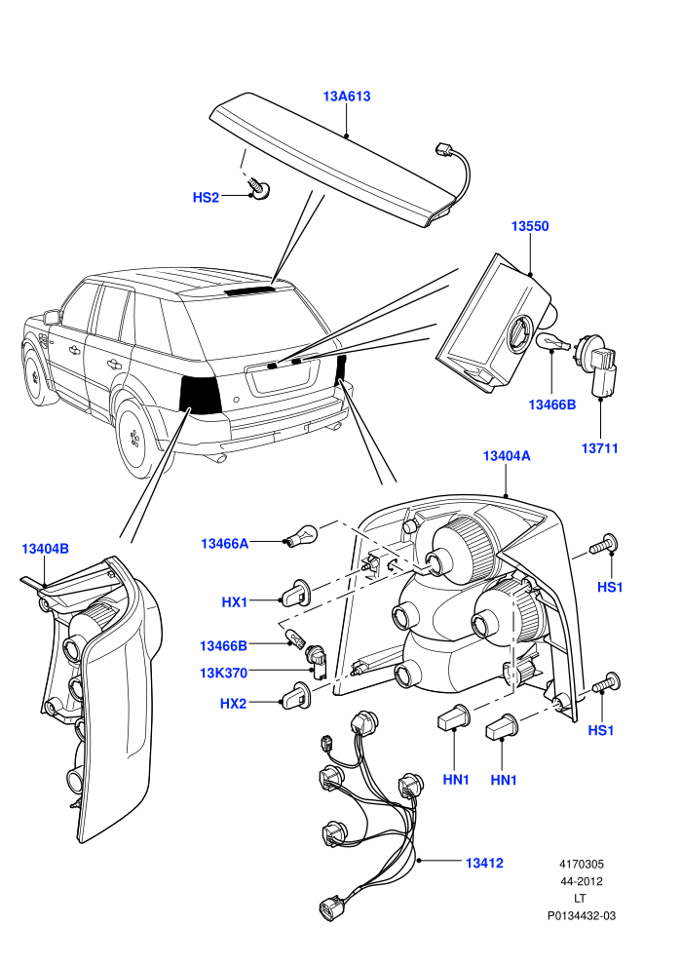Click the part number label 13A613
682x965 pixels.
point(347,96)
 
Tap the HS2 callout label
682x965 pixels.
point(206,198)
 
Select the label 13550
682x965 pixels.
point(530,226)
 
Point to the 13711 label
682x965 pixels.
point(599,448)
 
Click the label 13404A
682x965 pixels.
point(507,456)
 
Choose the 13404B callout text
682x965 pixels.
point(46,549)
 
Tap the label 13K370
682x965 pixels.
point(223,673)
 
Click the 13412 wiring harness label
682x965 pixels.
point(484,863)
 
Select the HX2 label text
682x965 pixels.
point(233,703)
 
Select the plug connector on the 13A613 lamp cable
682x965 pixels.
point(442,149)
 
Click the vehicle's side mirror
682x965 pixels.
point(53,317)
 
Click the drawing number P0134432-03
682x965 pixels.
point(582,915)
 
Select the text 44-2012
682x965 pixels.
point(582,881)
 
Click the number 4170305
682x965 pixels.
point(582,864)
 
